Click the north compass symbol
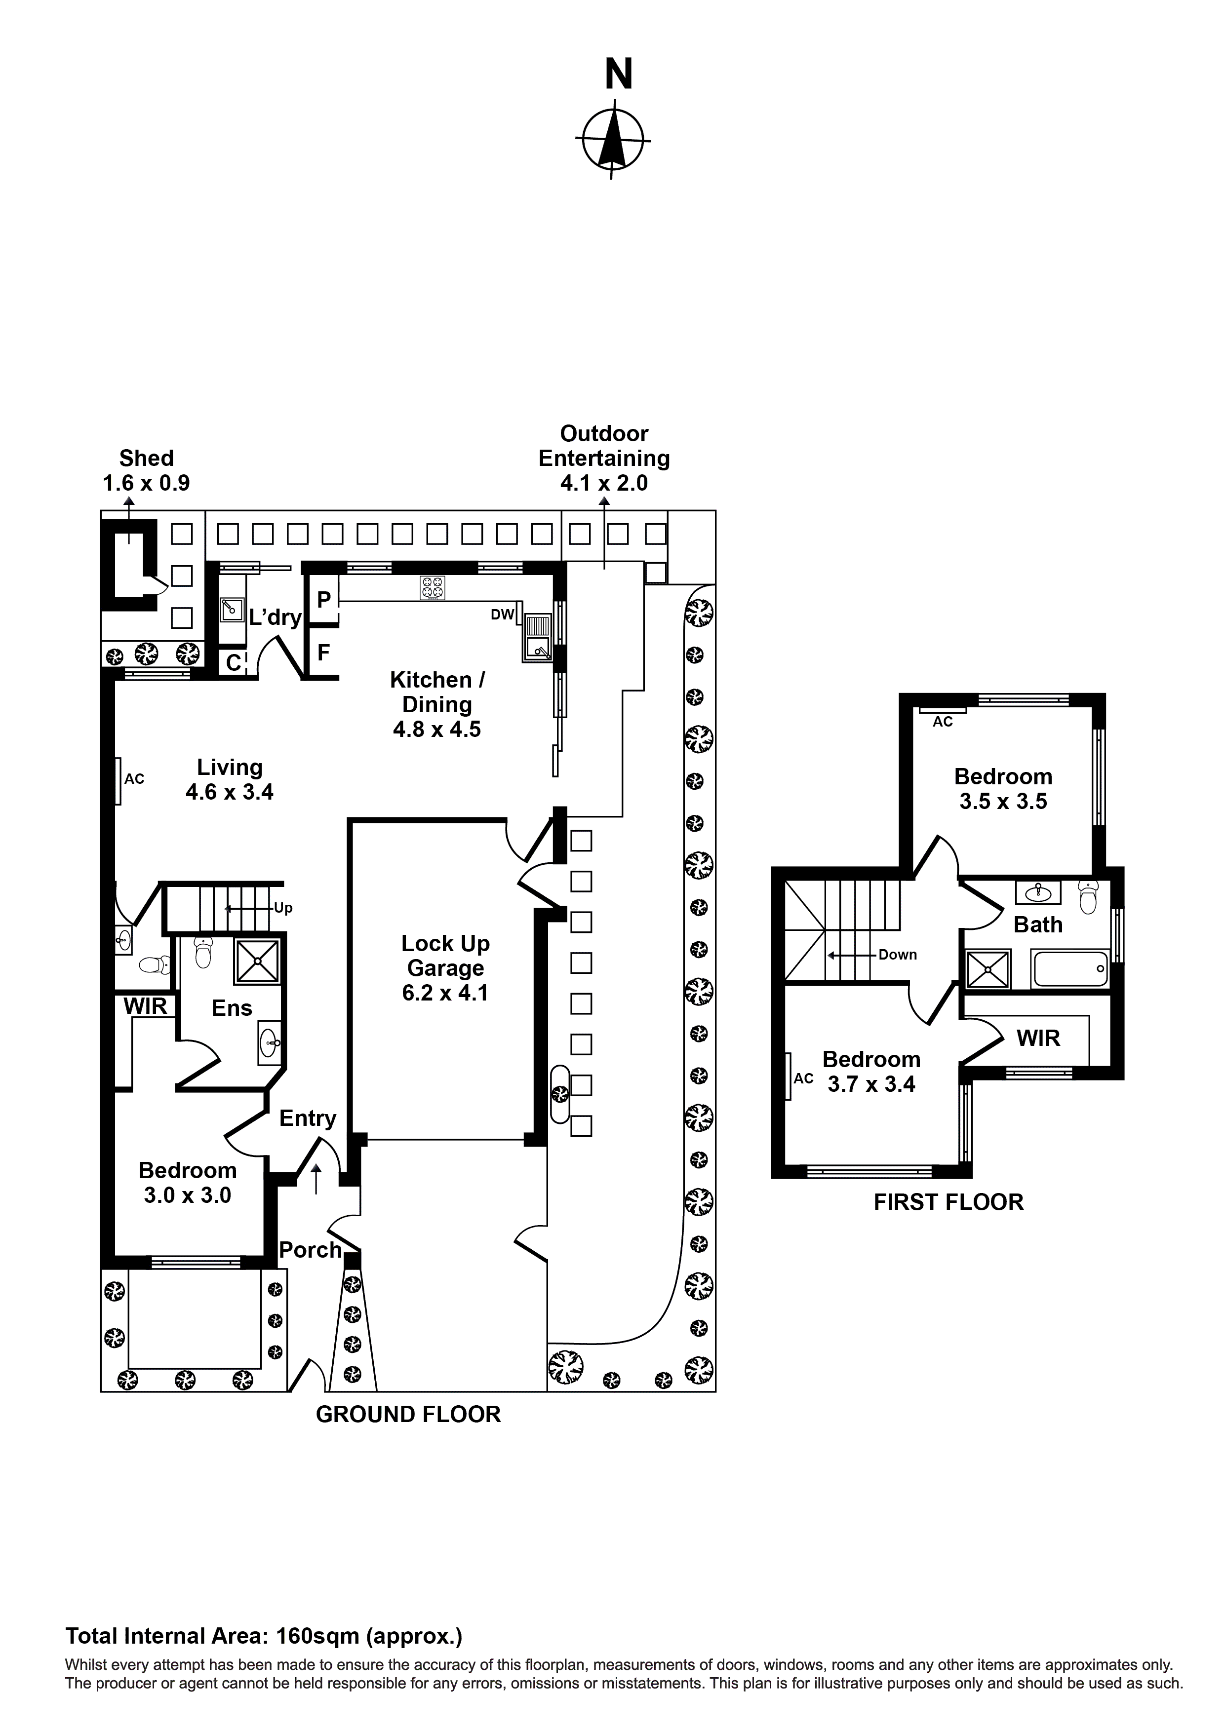(x=612, y=140)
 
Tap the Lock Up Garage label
(x=445, y=968)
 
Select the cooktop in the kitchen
(x=433, y=588)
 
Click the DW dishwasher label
(x=502, y=615)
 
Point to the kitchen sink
(x=538, y=637)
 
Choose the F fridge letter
(x=323, y=652)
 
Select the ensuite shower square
(x=257, y=961)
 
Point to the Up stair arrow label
(x=282, y=908)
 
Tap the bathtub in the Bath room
(x=1070, y=968)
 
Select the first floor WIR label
(x=1038, y=1038)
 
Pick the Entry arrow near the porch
(x=316, y=1178)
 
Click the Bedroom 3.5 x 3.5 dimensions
(x=1003, y=801)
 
